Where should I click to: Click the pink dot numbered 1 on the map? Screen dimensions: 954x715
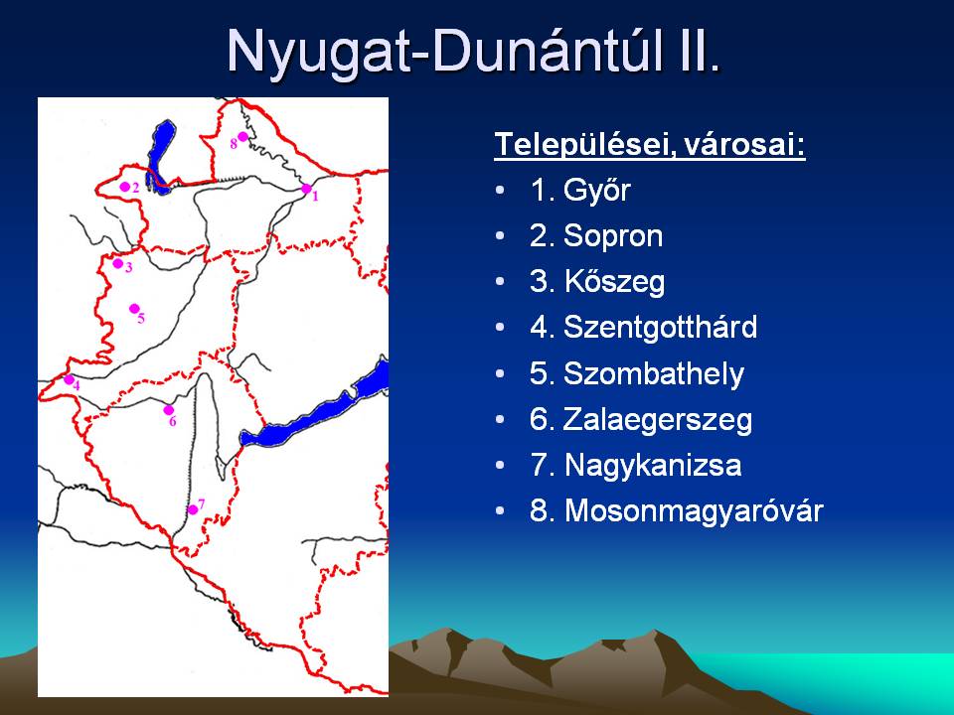pyautogui.click(x=306, y=189)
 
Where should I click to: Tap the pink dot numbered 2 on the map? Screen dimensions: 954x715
pyautogui.click(x=125, y=187)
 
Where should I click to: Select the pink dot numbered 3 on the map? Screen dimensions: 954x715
pyautogui.click(x=118, y=263)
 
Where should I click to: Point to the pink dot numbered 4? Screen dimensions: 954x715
pyautogui.click(x=69, y=380)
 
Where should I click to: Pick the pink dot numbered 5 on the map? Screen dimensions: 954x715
pyautogui.click(x=134, y=309)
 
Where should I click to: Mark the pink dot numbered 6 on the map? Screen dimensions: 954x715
pyautogui.click(x=169, y=410)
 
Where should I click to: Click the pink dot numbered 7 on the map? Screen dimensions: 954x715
pyautogui.click(x=192, y=509)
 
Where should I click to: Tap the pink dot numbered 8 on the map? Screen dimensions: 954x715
pyautogui.click(x=242, y=137)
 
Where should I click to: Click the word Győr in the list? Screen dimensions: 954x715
pyautogui.click(x=597, y=191)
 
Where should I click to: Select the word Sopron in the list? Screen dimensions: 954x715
pyautogui.click(x=613, y=237)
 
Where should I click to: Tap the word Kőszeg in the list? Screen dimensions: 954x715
pyautogui.click(x=614, y=283)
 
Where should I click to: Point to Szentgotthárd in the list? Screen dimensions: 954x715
pyautogui.click(x=661, y=327)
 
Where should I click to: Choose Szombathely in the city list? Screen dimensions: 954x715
pyautogui.click(x=654, y=374)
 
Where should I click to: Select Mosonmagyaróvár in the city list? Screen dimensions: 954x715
pyautogui.click(x=694, y=510)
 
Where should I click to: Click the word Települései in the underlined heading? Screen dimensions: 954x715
pyautogui.click(x=582, y=145)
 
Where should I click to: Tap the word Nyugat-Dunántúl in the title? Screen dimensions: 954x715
pyautogui.click(x=449, y=51)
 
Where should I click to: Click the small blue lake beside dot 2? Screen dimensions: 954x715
pyautogui.click(x=159, y=157)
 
